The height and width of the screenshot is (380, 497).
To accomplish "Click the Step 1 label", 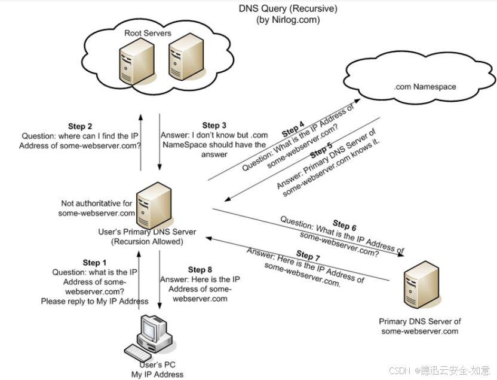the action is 94,263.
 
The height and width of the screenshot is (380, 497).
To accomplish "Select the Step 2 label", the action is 80,126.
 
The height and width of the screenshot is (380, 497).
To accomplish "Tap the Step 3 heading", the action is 214,126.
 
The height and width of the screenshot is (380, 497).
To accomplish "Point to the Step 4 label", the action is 293,129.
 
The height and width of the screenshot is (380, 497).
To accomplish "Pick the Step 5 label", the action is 321,150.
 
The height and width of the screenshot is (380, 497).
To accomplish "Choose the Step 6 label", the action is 345,225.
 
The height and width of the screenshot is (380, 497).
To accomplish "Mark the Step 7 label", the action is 308,256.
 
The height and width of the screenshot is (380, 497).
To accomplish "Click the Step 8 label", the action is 200,270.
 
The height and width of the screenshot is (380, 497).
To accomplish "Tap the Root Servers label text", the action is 148,33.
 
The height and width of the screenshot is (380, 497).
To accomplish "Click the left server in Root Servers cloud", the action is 137,62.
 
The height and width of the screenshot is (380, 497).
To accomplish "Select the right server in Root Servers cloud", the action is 186,57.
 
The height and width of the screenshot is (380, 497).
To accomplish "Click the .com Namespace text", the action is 425,87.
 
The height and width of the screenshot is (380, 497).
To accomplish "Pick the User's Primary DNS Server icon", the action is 154,205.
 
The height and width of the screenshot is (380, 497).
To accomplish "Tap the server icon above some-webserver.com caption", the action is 422,285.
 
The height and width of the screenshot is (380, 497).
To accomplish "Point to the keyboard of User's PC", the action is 138,353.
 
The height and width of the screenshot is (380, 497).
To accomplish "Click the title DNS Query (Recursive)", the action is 288,9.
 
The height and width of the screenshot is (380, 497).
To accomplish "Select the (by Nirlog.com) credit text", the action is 288,20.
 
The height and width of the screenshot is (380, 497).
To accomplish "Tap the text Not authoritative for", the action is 97,203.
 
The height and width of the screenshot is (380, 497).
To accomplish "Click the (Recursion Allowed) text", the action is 147,242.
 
